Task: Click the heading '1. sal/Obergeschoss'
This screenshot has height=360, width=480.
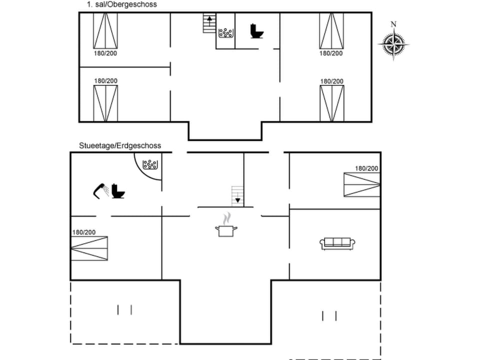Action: pyautogui.click(x=118, y=4)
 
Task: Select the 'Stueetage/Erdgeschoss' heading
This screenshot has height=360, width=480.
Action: pyautogui.click(x=120, y=145)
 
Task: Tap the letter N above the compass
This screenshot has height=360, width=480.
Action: pyautogui.click(x=393, y=24)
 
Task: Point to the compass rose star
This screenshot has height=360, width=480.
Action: pyautogui.click(x=393, y=44)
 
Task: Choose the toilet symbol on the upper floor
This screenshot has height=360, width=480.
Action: pyautogui.click(x=257, y=31)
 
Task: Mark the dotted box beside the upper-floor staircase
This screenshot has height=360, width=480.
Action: pyautogui.click(x=225, y=33)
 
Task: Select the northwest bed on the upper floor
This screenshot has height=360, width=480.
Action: pyautogui.click(x=105, y=30)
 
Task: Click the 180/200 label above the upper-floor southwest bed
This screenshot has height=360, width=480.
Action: pyautogui.click(x=106, y=80)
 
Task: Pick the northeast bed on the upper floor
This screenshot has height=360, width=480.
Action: pyautogui.click(x=331, y=30)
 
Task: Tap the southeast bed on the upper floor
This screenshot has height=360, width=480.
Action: pyautogui.click(x=332, y=103)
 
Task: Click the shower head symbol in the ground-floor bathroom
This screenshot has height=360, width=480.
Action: pyautogui.click(x=100, y=190)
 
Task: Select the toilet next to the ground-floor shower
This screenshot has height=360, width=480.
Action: pyautogui.click(x=118, y=191)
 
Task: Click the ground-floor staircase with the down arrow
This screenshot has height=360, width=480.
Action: pyautogui.click(x=237, y=195)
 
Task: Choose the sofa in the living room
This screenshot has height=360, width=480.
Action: pyautogui.click(x=337, y=243)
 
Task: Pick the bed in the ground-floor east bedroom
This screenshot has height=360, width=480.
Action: pyautogui.click(x=361, y=184)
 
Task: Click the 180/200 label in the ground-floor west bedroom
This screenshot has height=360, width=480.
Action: pyautogui.click(x=84, y=232)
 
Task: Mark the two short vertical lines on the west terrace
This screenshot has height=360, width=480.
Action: pyautogui.click(x=124, y=310)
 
